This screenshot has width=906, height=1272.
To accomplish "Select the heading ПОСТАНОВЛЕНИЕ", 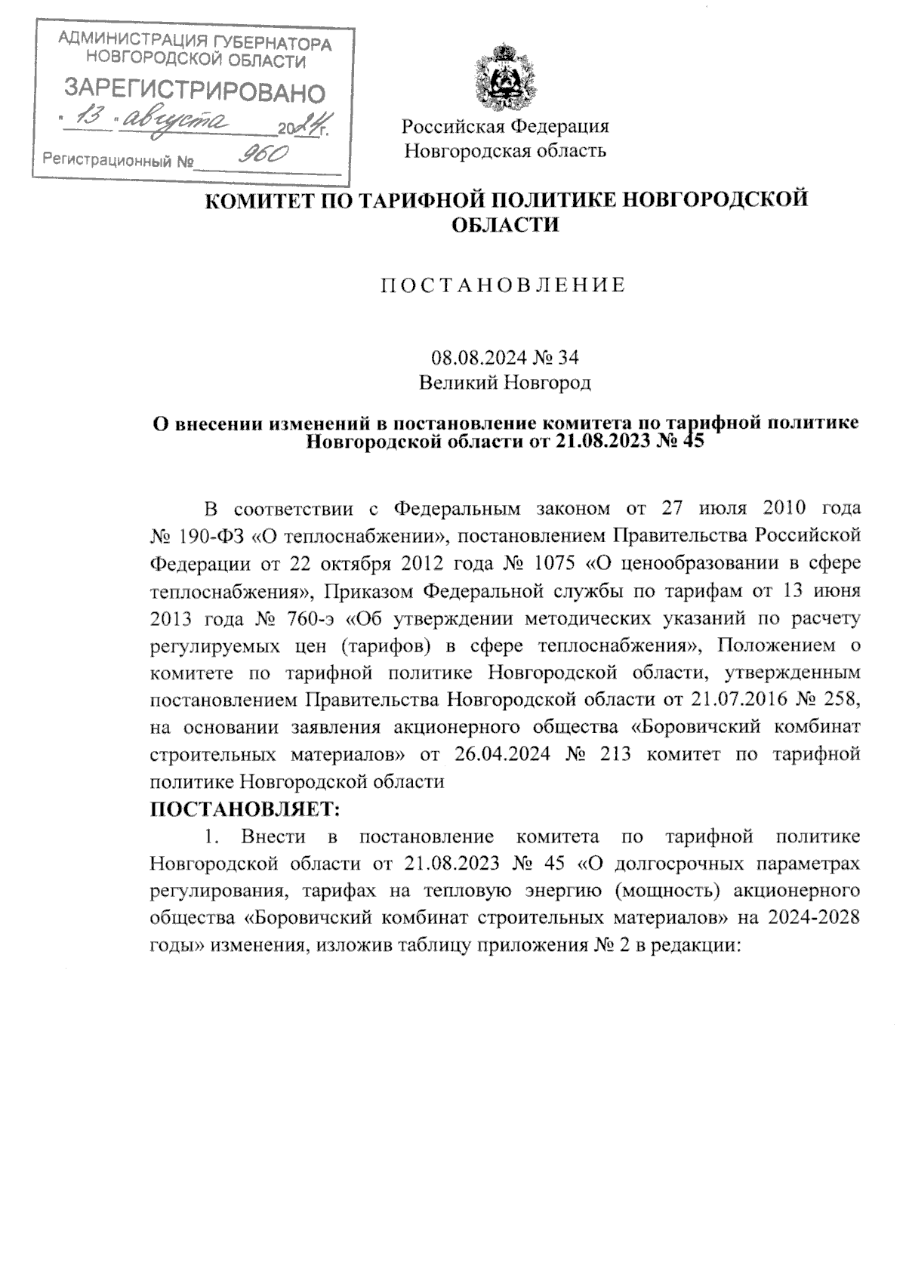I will click(x=503, y=285).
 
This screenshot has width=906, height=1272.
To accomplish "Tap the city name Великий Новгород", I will click(x=504, y=383).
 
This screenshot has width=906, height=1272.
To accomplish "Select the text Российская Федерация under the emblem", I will click(x=505, y=126).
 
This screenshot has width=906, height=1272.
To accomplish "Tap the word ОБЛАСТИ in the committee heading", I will click(x=504, y=224).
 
